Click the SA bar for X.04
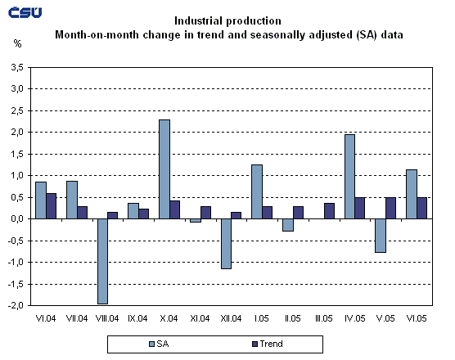[x=164, y=169]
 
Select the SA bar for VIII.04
[x=102, y=261]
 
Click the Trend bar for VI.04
[x=51, y=206]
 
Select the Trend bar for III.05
[x=328, y=211]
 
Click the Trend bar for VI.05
[x=421, y=208]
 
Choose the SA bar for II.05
[x=287, y=225]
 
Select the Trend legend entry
[x=266, y=344]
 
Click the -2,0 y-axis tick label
[x=15, y=305]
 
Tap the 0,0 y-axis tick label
[x=16, y=218]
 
